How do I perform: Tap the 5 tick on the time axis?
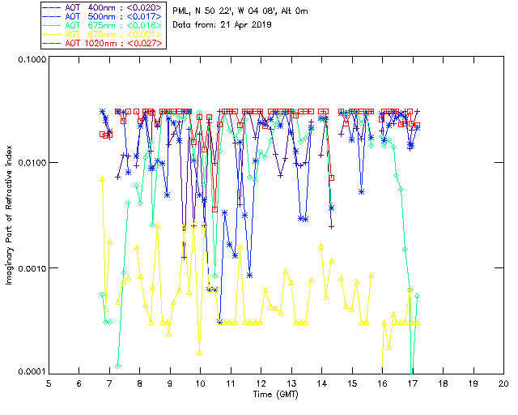click(x=49, y=383)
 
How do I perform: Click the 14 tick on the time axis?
click(x=321, y=383)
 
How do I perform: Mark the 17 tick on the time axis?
click(x=413, y=383)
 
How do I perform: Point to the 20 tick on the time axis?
click(x=503, y=383)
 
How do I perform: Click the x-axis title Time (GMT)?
click(x=275, y=394)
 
